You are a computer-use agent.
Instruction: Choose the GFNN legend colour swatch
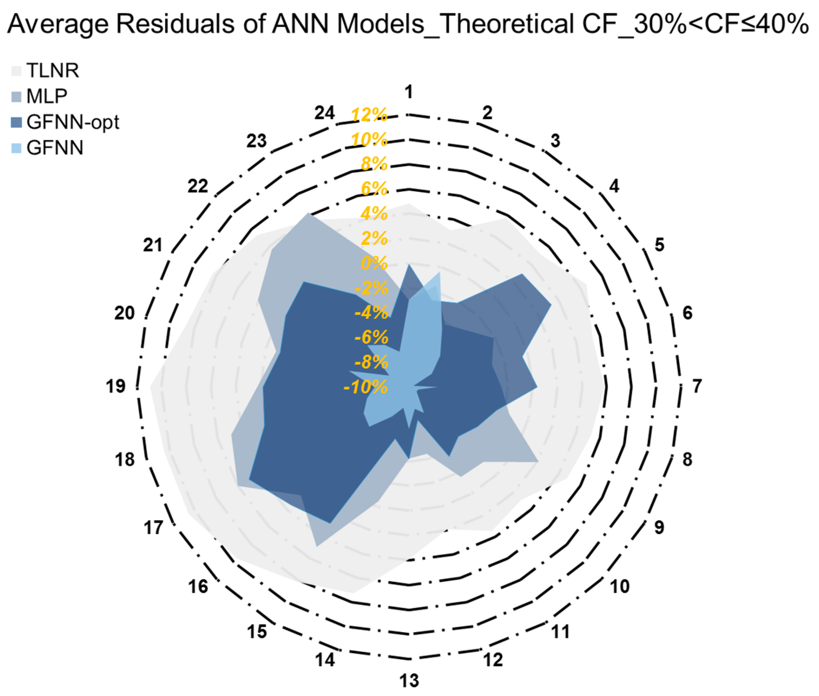click(x=16, y=148)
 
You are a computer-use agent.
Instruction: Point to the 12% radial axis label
click(x=369, y=115)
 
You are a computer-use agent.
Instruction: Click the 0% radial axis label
click(x=374, y=263)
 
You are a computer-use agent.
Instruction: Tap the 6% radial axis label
click(x=374, y=189)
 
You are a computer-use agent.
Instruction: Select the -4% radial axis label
click(x=371, y=312)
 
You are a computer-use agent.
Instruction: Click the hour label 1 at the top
click(x=409, y=92)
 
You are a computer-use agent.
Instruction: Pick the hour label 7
click(x=697, y=386)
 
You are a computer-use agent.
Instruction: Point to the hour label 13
click(x=409, y=681)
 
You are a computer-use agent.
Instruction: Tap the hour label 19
click(x=115, y=386)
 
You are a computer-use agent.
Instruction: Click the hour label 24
click(x=325, y=113)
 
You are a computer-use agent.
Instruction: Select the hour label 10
click(x=620, y=587)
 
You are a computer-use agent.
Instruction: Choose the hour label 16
click(x=198, y=587)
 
